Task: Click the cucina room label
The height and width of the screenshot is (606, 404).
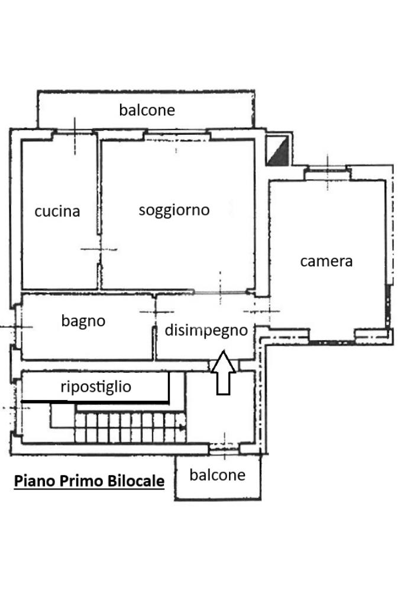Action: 57,211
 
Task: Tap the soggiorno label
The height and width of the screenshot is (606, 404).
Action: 174,210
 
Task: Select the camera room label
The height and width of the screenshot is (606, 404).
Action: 327,262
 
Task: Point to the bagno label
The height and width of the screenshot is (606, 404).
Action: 83,321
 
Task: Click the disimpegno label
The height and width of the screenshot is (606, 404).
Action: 206,330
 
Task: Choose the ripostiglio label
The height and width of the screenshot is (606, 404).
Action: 96,387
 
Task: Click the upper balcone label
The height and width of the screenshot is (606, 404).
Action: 147,110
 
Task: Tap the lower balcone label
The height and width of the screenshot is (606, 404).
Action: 218,475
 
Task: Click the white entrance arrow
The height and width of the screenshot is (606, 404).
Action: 223,373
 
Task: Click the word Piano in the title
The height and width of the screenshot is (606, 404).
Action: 35,481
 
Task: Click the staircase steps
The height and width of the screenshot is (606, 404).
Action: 131,427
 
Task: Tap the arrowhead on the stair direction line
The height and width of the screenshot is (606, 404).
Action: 182,427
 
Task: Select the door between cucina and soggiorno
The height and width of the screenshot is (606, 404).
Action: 99,249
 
